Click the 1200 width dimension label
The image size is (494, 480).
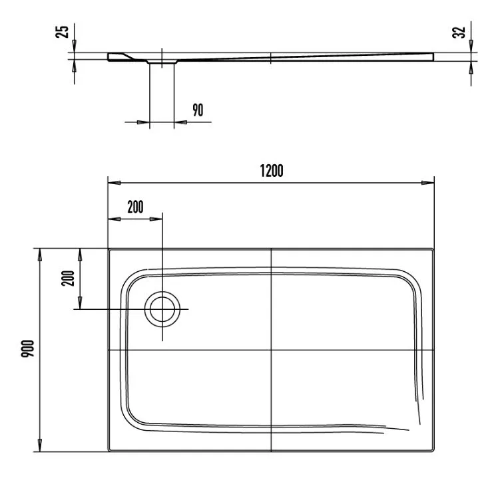pos(272,171)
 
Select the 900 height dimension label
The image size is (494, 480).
pos(28,348)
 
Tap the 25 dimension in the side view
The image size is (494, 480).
pos(62,32)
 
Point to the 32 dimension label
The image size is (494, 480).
pos(459,33)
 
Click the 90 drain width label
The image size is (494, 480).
pos(198,110)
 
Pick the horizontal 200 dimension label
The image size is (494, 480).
pos(135,207)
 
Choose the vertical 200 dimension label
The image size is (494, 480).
pos(68,278)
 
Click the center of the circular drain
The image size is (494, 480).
pos(162,309)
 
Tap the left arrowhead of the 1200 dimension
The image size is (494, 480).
pos(114,183)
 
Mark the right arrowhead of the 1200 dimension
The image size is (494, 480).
pos(428,183)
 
